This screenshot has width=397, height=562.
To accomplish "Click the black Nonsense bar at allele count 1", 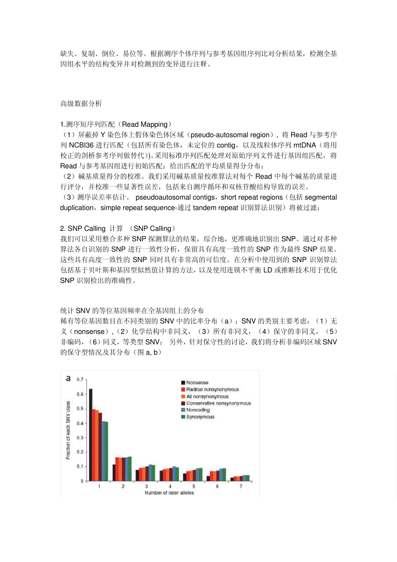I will tap(91, 435).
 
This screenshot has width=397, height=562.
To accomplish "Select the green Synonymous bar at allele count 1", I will tap(106, 452).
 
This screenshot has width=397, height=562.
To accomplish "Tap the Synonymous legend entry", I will tap(200, 417).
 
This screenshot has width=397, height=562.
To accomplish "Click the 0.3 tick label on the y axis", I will tap(80, 438).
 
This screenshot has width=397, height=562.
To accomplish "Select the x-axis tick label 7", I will tap(241, 487).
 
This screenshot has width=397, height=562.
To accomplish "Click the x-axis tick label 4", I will tap(170, 487).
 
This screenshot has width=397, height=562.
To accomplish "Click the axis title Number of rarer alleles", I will tap(169, 493).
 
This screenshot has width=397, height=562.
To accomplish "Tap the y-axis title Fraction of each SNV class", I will tap(68, 430).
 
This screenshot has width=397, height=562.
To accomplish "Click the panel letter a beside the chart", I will tap(69, 378).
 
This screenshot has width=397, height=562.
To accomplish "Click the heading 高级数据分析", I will tap(81, 104).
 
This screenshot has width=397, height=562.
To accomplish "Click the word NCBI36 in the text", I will tap(81, 145).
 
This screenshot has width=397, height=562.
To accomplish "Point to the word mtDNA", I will tap(305, 145).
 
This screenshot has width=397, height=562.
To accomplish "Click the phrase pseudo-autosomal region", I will tap(230, 135).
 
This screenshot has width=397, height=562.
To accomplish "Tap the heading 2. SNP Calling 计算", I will tap(92, 228).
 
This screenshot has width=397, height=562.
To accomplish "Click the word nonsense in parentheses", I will tap(89, 332).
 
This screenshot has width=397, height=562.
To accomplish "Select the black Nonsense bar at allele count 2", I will tap(114, 473).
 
